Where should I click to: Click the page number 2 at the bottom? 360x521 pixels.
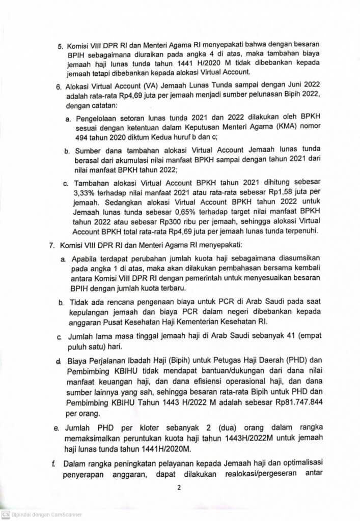(179, 487)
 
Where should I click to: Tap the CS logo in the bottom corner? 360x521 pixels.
(5, 514)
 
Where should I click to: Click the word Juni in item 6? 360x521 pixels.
(279, 88)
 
